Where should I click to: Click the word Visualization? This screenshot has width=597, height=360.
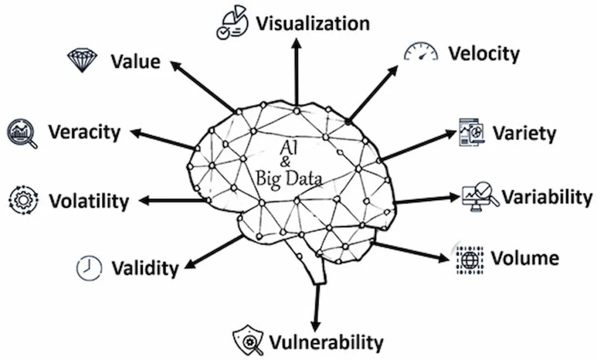click(x=312, y=23)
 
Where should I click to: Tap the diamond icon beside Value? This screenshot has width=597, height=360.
click(x=83, y=60)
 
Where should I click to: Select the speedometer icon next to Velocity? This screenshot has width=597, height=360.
click(x=421, y=52)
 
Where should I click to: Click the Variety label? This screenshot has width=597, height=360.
click(x=524, y=133)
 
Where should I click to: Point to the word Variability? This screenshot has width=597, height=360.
click(x=546, y=197)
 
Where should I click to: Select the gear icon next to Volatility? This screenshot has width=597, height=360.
click(x=24, y=200)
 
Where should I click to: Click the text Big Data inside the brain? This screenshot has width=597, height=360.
click(x=289, y=177)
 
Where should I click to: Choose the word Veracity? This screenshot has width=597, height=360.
click(x=84, y=132)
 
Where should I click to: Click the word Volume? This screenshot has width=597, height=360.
click(x=525, y=257)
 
